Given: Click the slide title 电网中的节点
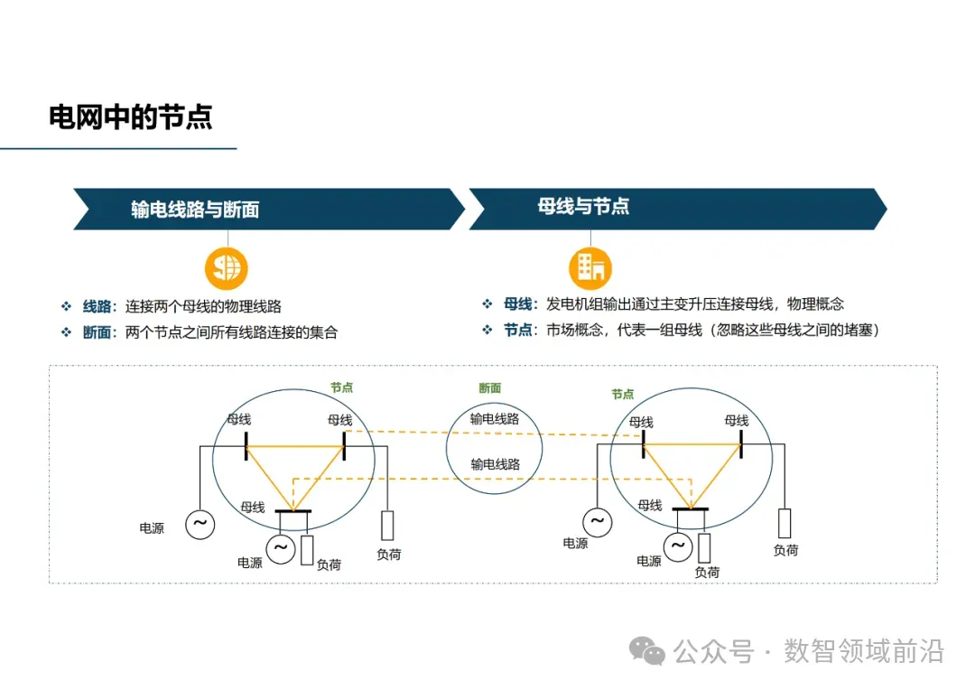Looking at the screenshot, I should tap(131, 117).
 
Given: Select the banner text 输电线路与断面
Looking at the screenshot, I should tap(195, 210).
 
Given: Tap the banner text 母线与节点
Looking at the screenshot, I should tap(583, 207).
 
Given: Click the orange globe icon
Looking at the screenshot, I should tap(226, 267).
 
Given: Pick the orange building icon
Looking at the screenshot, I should tap(590, 267).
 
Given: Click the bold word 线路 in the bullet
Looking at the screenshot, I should tap(99, 307).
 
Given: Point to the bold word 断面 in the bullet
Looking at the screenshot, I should tap(99, 332).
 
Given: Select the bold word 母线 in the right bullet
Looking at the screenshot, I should tap(519, 304).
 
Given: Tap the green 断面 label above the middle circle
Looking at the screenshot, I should tap(490, 388).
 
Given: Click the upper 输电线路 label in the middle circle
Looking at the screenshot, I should tap(495, 419).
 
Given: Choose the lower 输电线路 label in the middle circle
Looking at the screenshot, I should tap(495, 464).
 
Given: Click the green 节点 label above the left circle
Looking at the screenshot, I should tap(341, 387).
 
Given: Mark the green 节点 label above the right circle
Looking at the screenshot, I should tap(623, 395).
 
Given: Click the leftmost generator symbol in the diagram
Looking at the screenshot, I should tap(200, 523).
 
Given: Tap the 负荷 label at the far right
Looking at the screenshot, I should tap(785, 550).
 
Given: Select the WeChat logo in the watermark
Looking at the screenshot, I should tap(647, 650).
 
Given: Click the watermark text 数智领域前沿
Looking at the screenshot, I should tap(864, 650).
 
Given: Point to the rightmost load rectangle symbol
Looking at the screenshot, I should tap(785, 523).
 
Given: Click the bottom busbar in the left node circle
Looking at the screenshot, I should tap(292, 512).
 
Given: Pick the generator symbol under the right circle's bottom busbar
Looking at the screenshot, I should tap(678, 545).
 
